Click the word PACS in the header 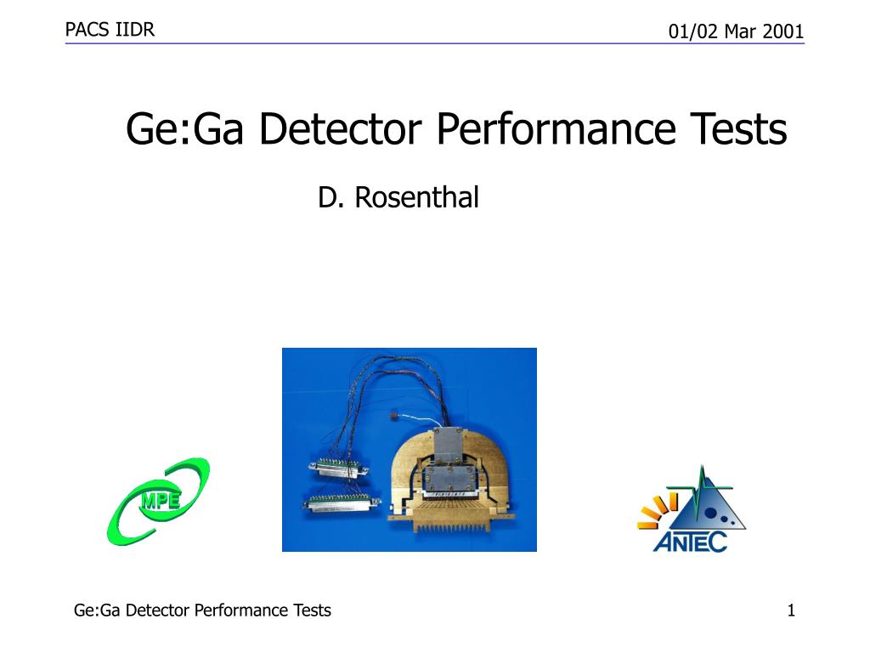tap(88, 30)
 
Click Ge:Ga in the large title tap(184, 129)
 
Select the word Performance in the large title tap(556, 129)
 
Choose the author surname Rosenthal tap(416, 197)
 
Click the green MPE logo tap(158, 502)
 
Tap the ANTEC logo tap(692, 509)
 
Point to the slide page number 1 tap(791, 610)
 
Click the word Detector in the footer tap(157, 610)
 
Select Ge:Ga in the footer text tap(97, 610)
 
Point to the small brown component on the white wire tap(395, 414)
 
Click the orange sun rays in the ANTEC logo tap(658, 510)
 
